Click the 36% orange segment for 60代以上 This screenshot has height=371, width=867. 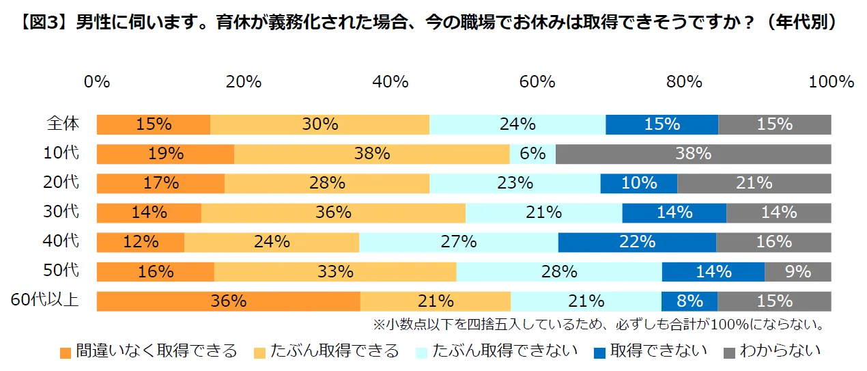(228, 301)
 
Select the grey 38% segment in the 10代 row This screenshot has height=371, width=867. (693, 154)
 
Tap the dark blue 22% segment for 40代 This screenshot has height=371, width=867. (637, 243)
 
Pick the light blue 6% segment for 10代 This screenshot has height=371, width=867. (532, 154)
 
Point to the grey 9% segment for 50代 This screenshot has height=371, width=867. (797, 272)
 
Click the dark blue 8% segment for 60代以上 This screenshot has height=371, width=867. (690, 301)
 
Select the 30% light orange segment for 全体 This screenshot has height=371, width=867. (319, 125)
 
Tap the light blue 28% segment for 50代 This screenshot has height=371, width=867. (558, 272)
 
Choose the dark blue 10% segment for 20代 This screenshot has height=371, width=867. (638, 184)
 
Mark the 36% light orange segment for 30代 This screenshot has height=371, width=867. (333, 213)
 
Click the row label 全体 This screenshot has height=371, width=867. (63, 124)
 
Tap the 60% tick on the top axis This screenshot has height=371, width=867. (537, 82)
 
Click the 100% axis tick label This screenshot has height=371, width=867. (831, 82)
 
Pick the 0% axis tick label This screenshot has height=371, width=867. (97, 82)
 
